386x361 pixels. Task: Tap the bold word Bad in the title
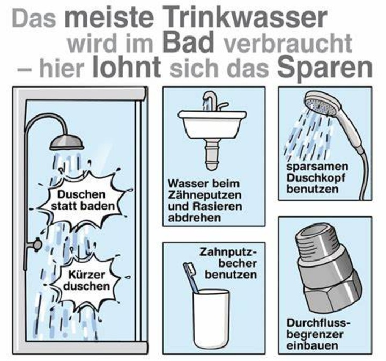(x=188, y=42)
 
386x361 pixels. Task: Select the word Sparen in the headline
(x=325, y=68)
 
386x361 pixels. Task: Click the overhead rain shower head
(x=66, y=143)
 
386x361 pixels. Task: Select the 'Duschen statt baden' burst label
(x=82, y=200)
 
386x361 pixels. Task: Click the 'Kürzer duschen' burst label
(x=86, y=280)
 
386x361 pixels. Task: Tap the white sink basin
(x=212, y=125)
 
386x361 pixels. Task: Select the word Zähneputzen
(x=205, y=196)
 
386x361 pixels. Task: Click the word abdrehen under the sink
(x=194, y=218)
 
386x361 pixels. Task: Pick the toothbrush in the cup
(x=190, y=277)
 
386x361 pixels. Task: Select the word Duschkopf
(x=316, y=178)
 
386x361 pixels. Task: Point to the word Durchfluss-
(x=318, y=323)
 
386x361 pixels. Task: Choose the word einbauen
(x=312, y=345)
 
